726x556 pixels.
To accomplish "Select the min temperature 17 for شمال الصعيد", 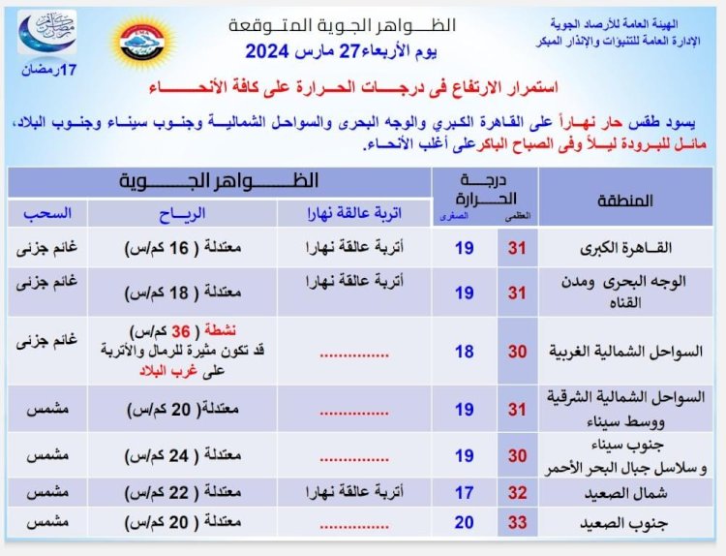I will click(x=465, y=492).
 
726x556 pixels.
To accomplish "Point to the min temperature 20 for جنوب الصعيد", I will click(x=465, y=523).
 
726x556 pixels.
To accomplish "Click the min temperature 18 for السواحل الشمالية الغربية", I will click(x=465, y=353).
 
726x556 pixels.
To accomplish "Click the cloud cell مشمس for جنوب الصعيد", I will click(x=41, y=523).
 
